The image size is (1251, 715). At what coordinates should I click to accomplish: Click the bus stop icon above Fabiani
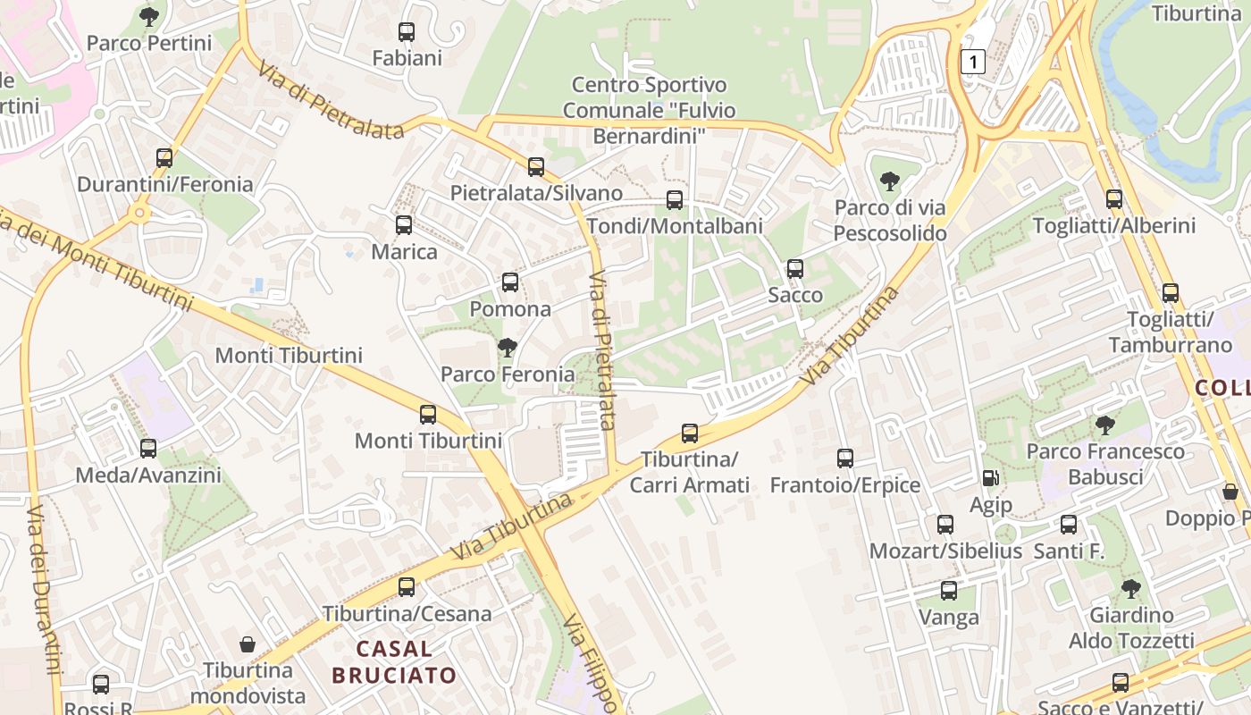(407, 32)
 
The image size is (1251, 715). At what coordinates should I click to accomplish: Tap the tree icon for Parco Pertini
(149, 16)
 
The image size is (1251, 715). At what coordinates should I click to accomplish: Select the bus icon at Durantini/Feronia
(164, 158)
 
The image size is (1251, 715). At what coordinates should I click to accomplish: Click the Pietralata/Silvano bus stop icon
(536, 167)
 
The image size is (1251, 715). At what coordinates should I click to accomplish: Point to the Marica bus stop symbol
(404, 225)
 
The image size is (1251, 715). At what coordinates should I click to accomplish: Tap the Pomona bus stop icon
(510, 282)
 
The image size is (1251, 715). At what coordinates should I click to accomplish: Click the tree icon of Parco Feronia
(507, 347)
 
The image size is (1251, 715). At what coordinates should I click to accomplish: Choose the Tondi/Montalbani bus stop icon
(675, 200)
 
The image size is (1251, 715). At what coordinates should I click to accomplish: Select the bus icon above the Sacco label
(794, 268)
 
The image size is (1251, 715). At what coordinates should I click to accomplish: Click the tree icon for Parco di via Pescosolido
(889, 181)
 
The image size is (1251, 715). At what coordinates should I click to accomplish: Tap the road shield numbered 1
(973, 62)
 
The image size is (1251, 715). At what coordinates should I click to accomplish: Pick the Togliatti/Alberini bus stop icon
(1113, 199)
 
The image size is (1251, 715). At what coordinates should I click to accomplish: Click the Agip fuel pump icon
(990, 479)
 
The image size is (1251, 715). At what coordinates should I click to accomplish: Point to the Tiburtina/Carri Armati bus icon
(689, 433)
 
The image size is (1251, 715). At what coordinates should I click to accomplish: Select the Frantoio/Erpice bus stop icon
(845, 458)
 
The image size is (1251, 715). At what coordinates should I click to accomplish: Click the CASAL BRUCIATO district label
(394, 661)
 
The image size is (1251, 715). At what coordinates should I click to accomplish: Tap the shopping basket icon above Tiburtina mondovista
(248, 643)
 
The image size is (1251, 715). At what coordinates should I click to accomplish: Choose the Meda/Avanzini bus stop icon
(148, 449)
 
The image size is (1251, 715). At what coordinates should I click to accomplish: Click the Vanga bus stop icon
(948, 591)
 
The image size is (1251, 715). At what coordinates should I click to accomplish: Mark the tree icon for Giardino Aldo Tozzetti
(1130, 588)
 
